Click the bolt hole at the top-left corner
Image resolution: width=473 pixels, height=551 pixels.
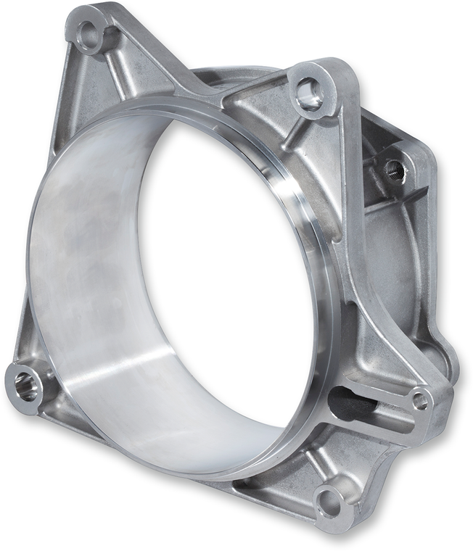(x=89, y=32)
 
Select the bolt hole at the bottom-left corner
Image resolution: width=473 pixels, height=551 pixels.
(x=25, y=386)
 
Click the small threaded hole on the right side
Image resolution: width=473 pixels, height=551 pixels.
(x=395, y=171)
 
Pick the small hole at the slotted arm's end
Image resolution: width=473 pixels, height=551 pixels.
(x=419, y=399)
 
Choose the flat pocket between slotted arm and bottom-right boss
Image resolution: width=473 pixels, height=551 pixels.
(x=363, y=449)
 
